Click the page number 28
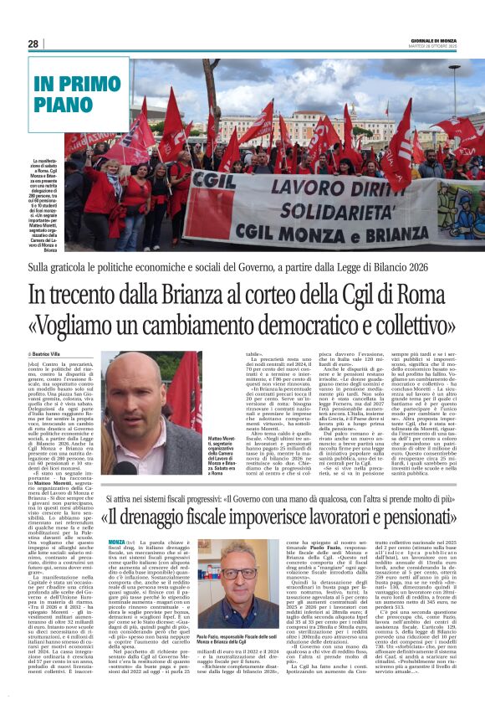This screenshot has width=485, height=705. [33, 44]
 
